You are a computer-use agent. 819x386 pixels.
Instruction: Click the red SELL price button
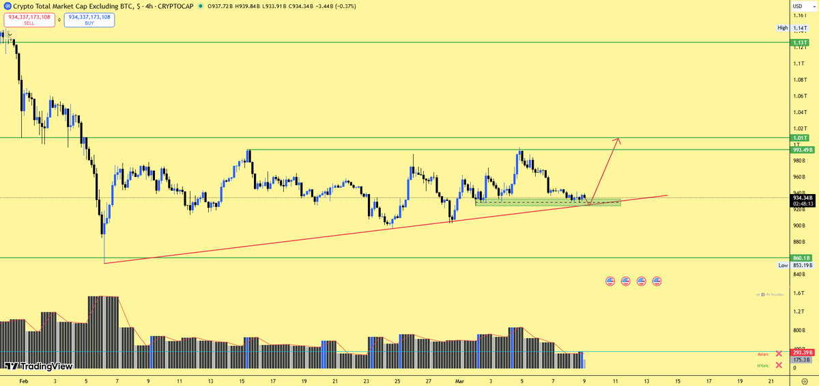(x=29, y=19)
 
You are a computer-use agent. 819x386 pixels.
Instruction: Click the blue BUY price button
(x=89, y=19)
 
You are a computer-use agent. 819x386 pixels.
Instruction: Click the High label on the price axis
(x=782, y=28)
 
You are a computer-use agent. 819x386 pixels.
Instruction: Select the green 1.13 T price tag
(x=800, y=43)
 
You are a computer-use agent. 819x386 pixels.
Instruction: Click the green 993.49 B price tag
(x=801, y=150)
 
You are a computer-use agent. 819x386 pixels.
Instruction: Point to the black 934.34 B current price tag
(x=801, y=198)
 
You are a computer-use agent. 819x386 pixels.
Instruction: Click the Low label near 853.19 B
(x=783, y=265)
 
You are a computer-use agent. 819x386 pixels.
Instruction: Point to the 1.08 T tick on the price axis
(x=799, y=80)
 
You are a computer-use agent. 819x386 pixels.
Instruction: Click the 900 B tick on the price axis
(x=799, y=225)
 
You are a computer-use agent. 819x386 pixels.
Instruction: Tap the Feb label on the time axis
(x=24, y=381)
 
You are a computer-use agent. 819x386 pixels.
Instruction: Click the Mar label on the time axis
(x=459, y=381)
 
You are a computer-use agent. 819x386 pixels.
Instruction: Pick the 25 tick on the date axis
(x=397, y=381)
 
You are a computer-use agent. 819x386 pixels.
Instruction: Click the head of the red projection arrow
(x=618, y=140)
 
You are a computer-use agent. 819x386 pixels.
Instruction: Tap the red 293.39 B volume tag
(x=801, y=353)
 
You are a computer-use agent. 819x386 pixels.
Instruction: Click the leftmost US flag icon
(x=610, y=281)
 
